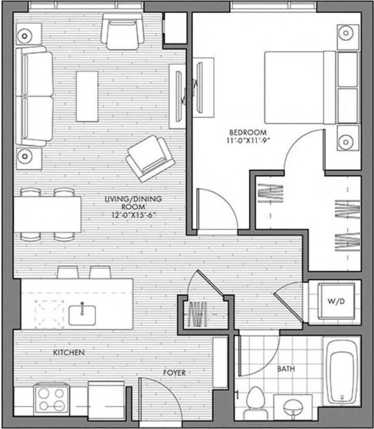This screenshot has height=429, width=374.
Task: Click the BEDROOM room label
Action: coord(248,132)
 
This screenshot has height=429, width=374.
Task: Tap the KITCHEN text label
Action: coord(69,352)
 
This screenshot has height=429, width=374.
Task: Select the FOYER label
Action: coord(175,373)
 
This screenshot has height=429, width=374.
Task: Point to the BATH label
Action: coord(286,369)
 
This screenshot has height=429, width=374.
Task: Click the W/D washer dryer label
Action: coord(336,301)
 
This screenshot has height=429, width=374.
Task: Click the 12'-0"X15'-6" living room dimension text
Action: coord(134,214)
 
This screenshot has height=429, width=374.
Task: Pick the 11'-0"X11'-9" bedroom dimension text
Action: coord(248,141)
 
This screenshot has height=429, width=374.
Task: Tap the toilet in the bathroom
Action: coord(255,403)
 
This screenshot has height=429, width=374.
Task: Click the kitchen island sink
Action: coord(82,315)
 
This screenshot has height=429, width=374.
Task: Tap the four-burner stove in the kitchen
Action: coord(51,399)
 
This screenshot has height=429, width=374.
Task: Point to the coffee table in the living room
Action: coord(87,96)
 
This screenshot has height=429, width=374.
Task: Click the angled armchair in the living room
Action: coord(150,159)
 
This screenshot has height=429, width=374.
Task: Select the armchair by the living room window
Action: coord(122,32)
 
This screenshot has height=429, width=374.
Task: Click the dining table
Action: coord(48,214)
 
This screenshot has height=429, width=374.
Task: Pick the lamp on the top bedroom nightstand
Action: coord(346,33)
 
